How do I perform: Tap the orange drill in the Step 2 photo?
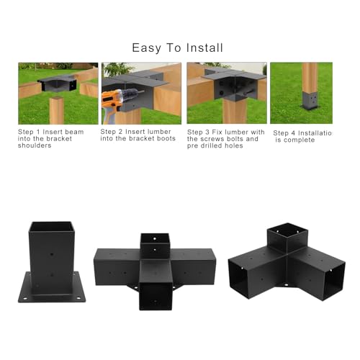(x=114, y=100)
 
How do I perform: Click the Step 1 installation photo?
(x=58, y=93)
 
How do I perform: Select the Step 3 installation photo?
(x=226, y=93)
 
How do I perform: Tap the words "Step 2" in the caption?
(x=113, y=132)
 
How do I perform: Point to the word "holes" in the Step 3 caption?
(x=229, y=146)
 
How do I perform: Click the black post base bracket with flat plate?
(x=53, y=268)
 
